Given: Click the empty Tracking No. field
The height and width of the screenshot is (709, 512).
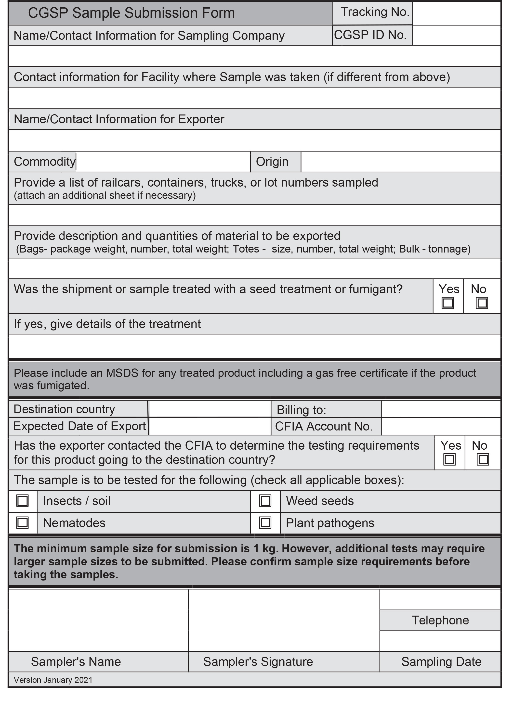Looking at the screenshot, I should tap(456, 13).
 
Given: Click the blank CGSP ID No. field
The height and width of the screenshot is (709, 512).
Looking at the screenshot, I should tap(456, 35).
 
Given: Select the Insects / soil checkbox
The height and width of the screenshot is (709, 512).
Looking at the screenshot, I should tap(23, 501).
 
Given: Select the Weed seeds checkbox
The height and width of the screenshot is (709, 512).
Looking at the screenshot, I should tap(265, 501).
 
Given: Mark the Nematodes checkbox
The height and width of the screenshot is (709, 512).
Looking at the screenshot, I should tap(23, 523).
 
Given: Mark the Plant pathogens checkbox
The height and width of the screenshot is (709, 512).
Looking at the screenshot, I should tap(265, 523).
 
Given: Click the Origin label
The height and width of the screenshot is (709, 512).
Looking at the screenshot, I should tap(272, 162).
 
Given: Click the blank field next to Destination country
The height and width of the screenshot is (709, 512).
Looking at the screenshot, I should tap(210, 409).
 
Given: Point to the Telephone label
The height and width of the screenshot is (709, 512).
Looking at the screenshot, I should tap(440, 620).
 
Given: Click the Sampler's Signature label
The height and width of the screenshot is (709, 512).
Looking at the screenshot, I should tap(258, 662).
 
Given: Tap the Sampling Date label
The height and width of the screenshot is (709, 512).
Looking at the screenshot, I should tap(441, 662).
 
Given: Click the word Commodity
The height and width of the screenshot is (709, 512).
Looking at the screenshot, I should tap(44, 162).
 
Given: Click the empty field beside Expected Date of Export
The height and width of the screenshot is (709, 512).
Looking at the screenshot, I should tap(210, 426).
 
